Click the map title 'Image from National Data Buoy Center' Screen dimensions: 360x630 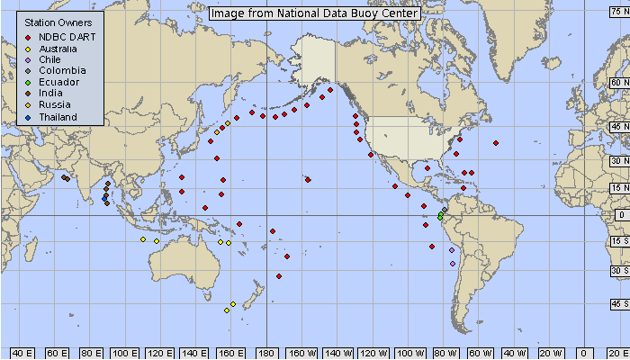coord(314,13)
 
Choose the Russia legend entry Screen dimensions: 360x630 coord(55,105)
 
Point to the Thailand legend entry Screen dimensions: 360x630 coord(58,117)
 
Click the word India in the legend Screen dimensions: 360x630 coord(52,94)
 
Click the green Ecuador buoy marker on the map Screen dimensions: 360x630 coord(440,216)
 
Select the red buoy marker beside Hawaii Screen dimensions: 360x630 coord(308,180)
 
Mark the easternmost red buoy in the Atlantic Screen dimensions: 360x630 coord(495,143)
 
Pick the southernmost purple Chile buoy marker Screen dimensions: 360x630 coord(452,263)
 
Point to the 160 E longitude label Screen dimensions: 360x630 coord(232,352)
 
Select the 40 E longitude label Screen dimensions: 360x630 coord(22,352)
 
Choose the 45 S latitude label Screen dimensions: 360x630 coord(618,303)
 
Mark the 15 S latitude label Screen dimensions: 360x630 coord(618,241)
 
